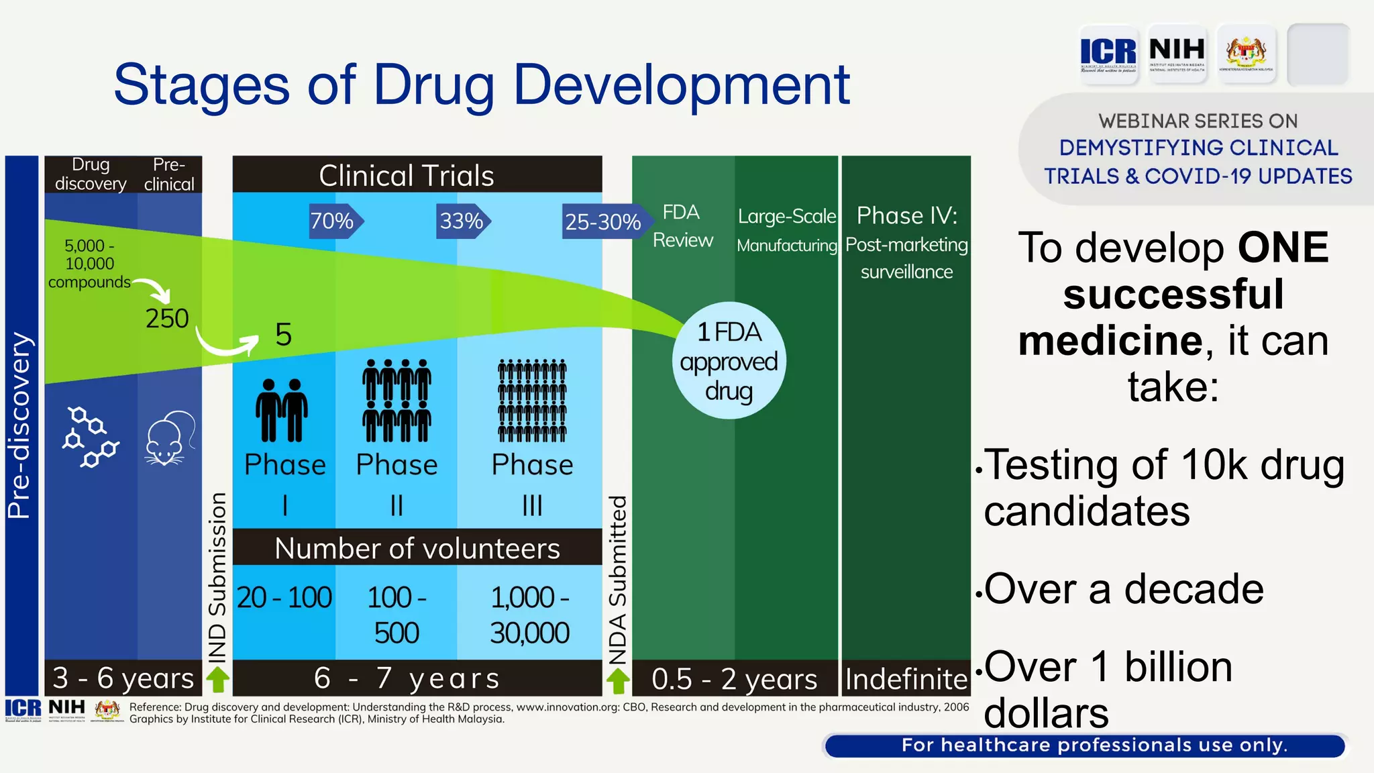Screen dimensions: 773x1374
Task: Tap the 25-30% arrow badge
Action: click(602, 221)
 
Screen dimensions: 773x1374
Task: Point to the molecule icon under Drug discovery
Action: click(91, 437)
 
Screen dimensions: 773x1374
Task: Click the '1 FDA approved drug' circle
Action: click(729, 361)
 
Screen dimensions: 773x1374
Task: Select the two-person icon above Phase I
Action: click(282, 410)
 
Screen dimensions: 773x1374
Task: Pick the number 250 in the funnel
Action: click(167, 318)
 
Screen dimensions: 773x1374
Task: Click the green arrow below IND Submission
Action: click(217, 679)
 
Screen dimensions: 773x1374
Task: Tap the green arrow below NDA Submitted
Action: click(618, 680)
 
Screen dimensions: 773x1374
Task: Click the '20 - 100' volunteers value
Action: click(284, 597)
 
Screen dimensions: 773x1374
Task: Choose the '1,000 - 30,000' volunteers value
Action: click(530, 615)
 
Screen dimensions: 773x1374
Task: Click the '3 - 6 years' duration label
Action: click(123, 678)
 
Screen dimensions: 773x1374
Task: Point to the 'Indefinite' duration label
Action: click(906, 679)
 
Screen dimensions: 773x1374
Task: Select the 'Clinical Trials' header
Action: click(407, 175)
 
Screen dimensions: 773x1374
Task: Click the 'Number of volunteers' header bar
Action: click(417, 548)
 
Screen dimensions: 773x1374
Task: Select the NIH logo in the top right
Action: click(1177, 53)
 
